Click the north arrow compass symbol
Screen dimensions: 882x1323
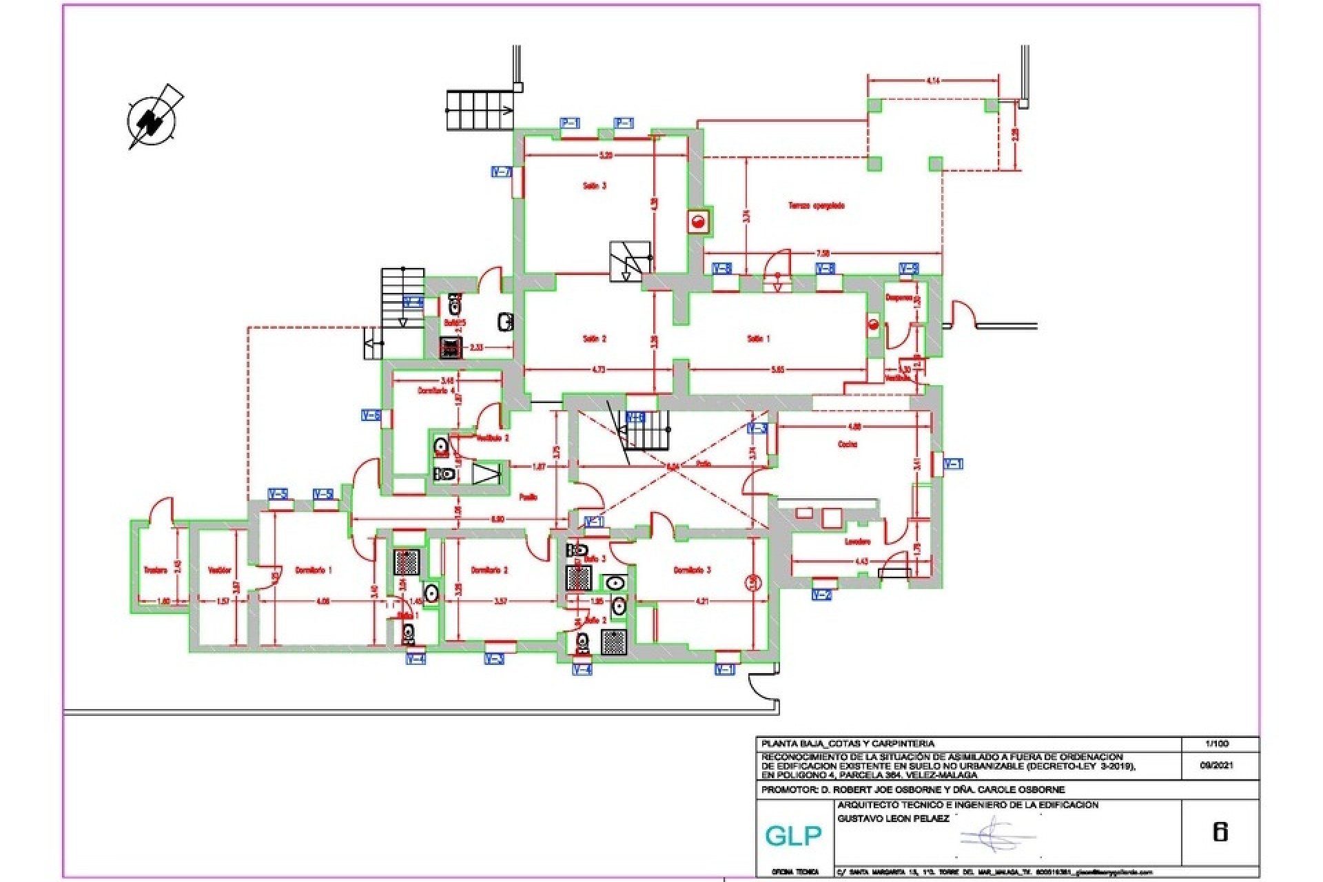click(152, 119)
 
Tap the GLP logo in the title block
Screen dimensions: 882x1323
click(793, 836)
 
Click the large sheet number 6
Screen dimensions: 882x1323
click(1220, 832)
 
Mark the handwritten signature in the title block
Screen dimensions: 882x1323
click(997, 835)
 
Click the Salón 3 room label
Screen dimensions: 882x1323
click(595, 186)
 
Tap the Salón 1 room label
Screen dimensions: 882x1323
click(758, 339)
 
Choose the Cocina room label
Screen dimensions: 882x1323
click(848, 444)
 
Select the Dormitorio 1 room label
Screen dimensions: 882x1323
click(314, 571)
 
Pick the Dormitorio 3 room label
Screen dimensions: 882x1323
click(692, 571)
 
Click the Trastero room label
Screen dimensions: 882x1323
click(156, 571)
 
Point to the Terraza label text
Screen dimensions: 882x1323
click(817, 205)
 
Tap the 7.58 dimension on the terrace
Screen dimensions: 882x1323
click(822, 252)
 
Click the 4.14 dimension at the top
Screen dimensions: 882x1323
click(933, 81)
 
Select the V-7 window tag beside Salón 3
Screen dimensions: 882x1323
click(501, 172)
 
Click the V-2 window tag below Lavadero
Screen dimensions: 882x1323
click(821, 595)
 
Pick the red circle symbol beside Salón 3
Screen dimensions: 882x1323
click(698, 221)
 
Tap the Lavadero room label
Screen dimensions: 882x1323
click(858, 542)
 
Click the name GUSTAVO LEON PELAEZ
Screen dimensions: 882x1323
click(893, 819)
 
